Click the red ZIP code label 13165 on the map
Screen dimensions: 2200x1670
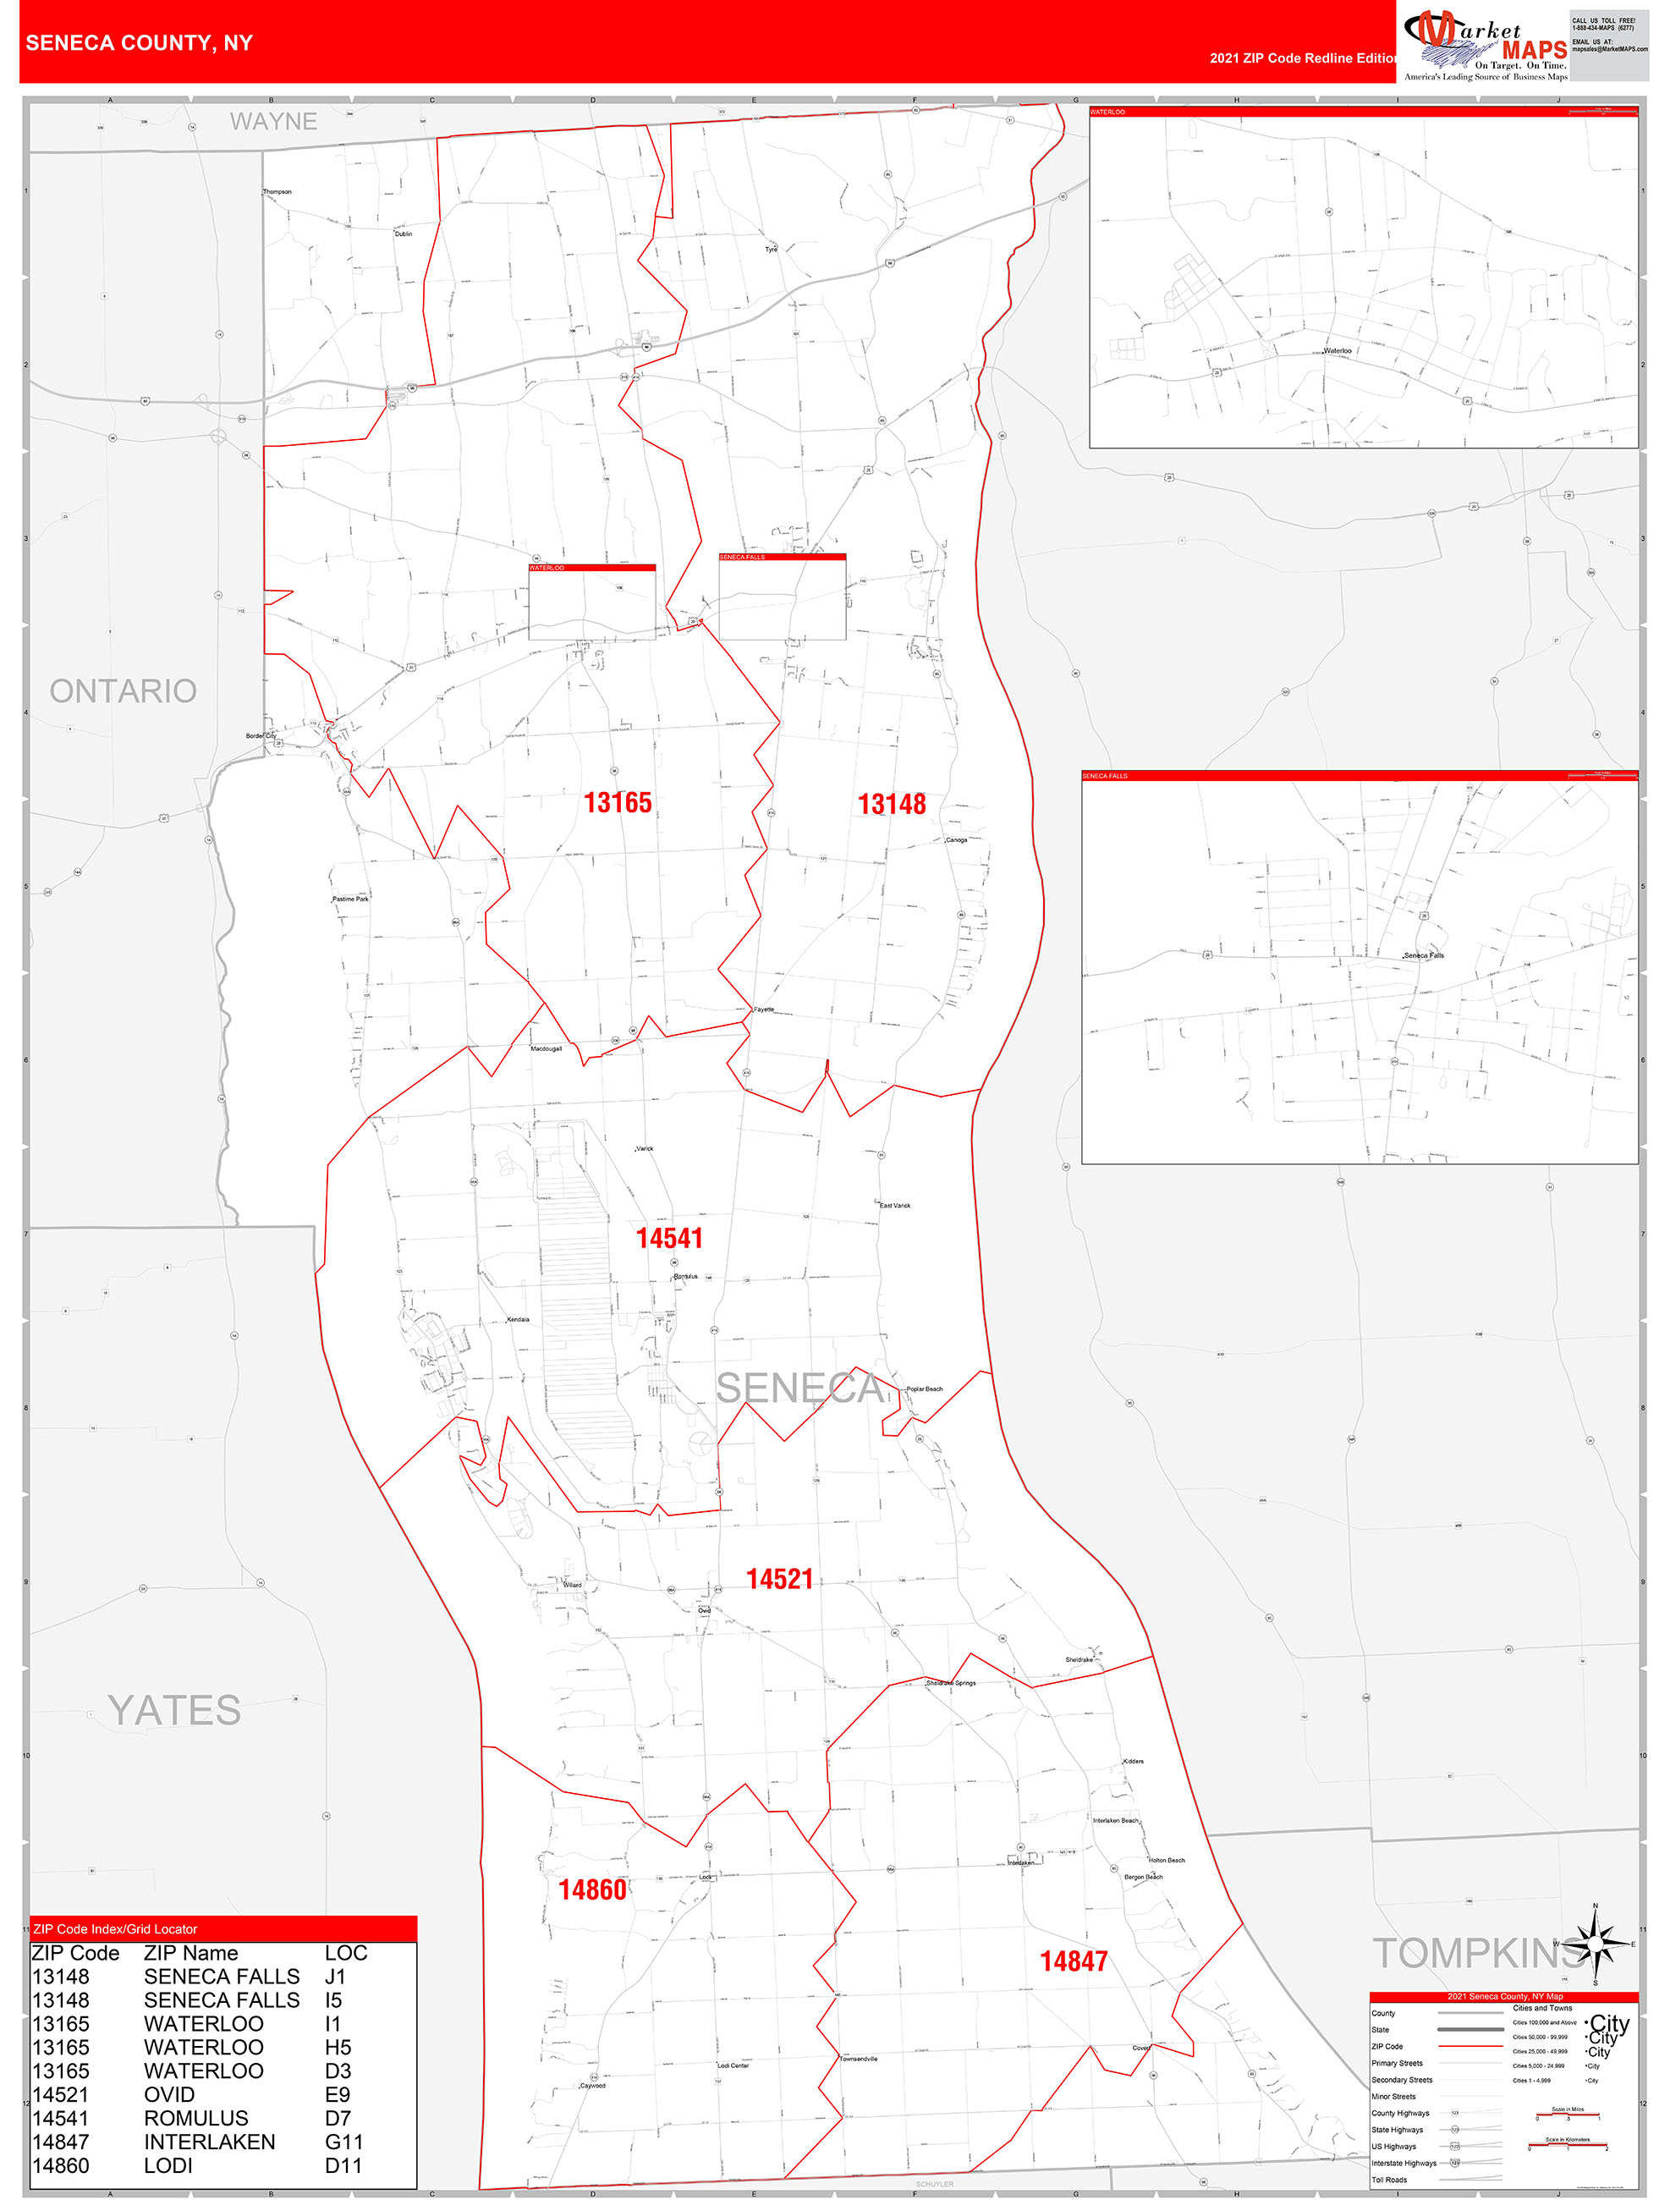tap(617, 803)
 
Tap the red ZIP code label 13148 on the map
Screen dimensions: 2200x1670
tap(891, 805)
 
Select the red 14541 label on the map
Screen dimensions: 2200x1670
tap(669, 1238)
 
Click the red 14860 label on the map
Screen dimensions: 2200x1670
tap(592, 1889)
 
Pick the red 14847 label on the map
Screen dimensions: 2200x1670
tap(1074, 1961)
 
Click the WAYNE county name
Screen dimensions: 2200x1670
tap(273, 121)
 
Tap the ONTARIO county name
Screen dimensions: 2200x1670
tap(124, 690)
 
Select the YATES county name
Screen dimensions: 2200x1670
tap(174, 1711)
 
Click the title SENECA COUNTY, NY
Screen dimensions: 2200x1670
tap(140, 43)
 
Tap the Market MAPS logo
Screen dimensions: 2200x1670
tap(1484, 45)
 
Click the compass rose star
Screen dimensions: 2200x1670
tap(1595, 1943)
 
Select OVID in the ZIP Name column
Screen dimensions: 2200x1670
tap(169, 2094)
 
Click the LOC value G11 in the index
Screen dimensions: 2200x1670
tap(343, 2142)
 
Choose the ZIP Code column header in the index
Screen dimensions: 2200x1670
tap(75, 1953)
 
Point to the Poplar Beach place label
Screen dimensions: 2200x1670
tap(924, 1389)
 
